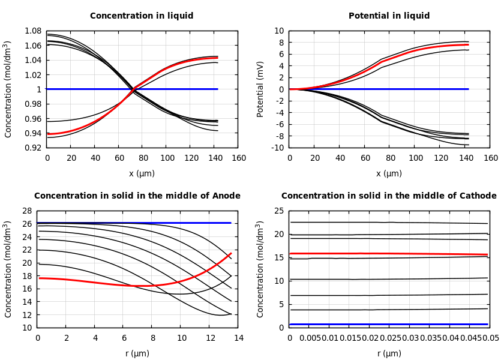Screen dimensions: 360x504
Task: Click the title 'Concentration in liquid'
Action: click(x=142, y=16)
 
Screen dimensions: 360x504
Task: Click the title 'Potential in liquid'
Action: click(x=389, y=16)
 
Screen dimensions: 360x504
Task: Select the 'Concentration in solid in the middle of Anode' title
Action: click(x=137, y=196)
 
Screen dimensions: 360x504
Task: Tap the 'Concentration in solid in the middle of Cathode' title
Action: click(x=389, y=196)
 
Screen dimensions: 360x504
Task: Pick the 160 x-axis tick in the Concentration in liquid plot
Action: click(x=238, y=158)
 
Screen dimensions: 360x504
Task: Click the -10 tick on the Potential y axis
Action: click(x=278, y=148)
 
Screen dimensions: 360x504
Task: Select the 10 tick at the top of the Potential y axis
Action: click(x=279, y=31)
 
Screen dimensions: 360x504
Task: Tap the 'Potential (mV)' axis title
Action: click(x=260, y=89)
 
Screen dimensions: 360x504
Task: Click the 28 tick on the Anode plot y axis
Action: click(x=26, y=211)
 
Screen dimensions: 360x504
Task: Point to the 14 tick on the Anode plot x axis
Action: click(x=238, y=338)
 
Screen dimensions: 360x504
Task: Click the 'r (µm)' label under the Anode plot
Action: click(x=137, y=353)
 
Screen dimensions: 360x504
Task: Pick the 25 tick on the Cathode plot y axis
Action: click(x=278, y=211)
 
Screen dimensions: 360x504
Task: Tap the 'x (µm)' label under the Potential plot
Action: click(x=389, y=173)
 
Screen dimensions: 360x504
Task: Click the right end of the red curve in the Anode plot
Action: click(x=231, y=253)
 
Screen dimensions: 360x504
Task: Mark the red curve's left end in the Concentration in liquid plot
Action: click(x=47, y=133)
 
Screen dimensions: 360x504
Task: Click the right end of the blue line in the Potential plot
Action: click(x=468, y=89)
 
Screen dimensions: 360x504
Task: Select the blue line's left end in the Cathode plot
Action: click(x=290, y=325)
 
